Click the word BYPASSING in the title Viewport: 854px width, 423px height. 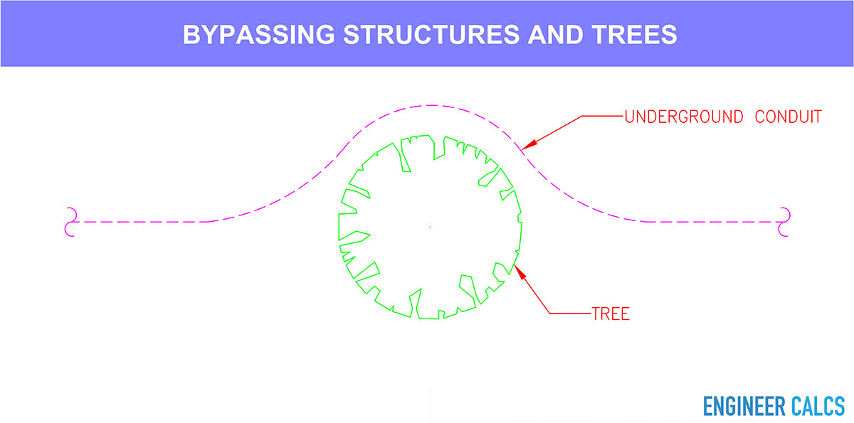point(259,35)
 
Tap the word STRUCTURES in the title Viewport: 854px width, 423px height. point(431,35)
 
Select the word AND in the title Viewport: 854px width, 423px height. point(556,35)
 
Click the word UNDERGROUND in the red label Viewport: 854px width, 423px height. point(684,117)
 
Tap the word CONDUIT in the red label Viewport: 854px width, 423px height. point(788,117)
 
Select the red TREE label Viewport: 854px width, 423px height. point(611,314)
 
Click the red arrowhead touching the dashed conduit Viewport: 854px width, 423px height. point(529,146)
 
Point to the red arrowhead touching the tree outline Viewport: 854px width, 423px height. point(520,272)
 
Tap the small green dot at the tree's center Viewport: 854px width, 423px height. point(430,227)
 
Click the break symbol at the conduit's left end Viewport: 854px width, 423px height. point(71,222)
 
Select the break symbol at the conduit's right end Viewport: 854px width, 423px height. point(784,222)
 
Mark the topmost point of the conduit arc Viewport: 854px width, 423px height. point(431,105)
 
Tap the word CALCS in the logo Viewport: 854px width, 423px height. point(818,406)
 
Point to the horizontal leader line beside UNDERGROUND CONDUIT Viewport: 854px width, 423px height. point(602,116)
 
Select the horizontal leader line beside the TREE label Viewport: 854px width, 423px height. point(570,314)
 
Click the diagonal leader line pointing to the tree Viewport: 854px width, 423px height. point(532,289)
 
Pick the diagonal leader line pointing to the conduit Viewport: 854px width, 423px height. point(552,132)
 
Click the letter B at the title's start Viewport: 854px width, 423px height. point(191,35)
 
